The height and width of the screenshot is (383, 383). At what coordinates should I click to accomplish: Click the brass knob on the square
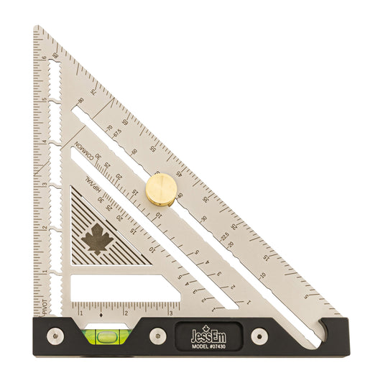click(162, 189)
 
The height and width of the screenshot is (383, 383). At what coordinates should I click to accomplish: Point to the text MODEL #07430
click(209, 345)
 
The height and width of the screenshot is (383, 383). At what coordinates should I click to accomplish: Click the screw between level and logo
click(156, 335)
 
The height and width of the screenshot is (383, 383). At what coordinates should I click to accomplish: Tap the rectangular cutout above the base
click(123, 290)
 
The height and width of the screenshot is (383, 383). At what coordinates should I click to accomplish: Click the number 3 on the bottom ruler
click(171, 313)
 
